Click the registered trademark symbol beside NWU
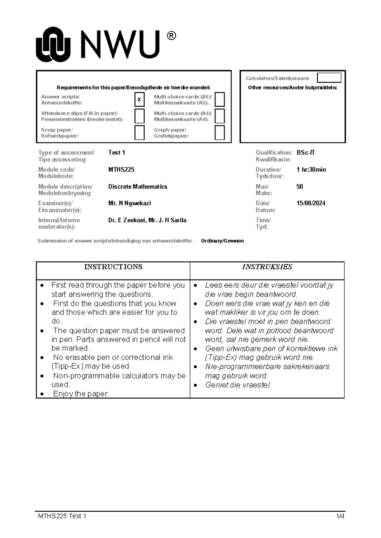pos(171,36)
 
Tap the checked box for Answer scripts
pos(139,100)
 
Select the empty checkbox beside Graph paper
pos(220,133)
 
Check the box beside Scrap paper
pos(139,133)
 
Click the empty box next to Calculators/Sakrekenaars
pos(329,78)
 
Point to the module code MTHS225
pos(121,170)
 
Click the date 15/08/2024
pos(311,203)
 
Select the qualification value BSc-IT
pos(306,153)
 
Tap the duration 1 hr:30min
pos(311,170)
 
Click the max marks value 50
pos(300,187)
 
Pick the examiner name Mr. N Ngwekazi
pos(130,203)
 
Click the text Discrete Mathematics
pos(138,187)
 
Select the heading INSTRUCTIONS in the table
pos(113,267)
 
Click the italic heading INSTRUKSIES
pos(267,267)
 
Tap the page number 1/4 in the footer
pos(340,516)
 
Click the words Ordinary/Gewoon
pos(222,241)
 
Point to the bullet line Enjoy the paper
pos(81,394)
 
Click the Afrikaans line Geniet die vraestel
pos(238,385)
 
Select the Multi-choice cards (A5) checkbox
pos(220,100)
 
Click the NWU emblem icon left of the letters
pos(53,44)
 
